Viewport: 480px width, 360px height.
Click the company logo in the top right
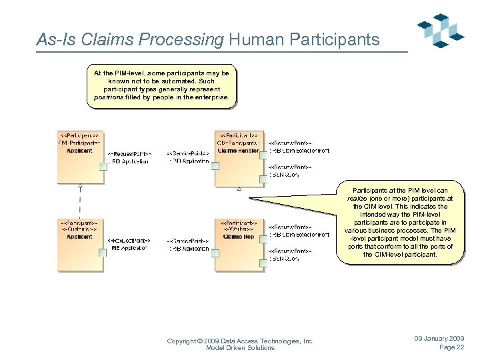440,31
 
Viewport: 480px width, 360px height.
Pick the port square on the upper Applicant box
103,166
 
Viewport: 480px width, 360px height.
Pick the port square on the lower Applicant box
103,252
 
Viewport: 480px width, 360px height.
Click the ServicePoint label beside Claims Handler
187,153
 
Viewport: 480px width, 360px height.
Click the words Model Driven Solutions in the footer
240,348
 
